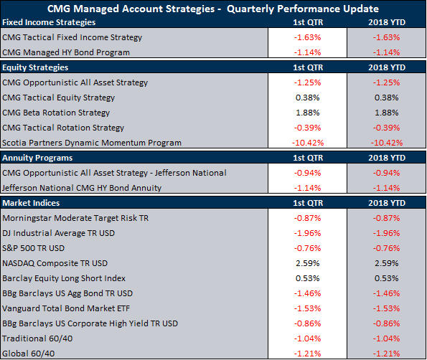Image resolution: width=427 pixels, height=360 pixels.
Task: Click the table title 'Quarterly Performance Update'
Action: coord(303,9)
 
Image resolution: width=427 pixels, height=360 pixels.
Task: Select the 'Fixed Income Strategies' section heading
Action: coord(49,22)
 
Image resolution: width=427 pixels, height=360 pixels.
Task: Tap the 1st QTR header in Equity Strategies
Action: coord(308,67)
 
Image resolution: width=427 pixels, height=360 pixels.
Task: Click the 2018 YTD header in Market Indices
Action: coord(387,203)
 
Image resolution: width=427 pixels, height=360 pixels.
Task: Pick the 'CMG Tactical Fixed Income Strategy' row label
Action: coord(72,37)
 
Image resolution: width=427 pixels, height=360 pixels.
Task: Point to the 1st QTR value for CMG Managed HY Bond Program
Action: coord(307,52)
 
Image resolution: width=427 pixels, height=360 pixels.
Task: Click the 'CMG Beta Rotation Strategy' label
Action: coord(56,113)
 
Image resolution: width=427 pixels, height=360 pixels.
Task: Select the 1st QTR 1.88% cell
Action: coord(308,113)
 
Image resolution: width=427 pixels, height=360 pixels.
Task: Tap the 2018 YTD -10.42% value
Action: coord(387,143)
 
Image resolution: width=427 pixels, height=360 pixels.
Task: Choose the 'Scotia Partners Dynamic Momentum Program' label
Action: coord(92,143)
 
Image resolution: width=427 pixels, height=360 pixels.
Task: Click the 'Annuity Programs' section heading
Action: coord(37,158)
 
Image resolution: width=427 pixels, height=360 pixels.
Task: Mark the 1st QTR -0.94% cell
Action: coord(307,173)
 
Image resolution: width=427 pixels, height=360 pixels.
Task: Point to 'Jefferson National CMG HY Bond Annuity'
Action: coord(82,188)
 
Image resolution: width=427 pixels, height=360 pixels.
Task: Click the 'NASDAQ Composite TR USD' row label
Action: coord(55,263)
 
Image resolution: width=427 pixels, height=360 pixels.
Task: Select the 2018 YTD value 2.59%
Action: coord(387,263)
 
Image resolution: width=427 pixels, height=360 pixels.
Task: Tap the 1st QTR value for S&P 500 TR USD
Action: coord(307,248)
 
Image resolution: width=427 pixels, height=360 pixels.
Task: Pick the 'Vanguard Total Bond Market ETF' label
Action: coord(66,308)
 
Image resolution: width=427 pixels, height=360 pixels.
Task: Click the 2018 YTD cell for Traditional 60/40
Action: coord(386,338)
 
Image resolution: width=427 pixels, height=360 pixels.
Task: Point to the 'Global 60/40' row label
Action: coord(28,354)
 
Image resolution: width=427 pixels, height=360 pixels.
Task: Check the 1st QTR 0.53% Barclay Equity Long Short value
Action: coord(308,278)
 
